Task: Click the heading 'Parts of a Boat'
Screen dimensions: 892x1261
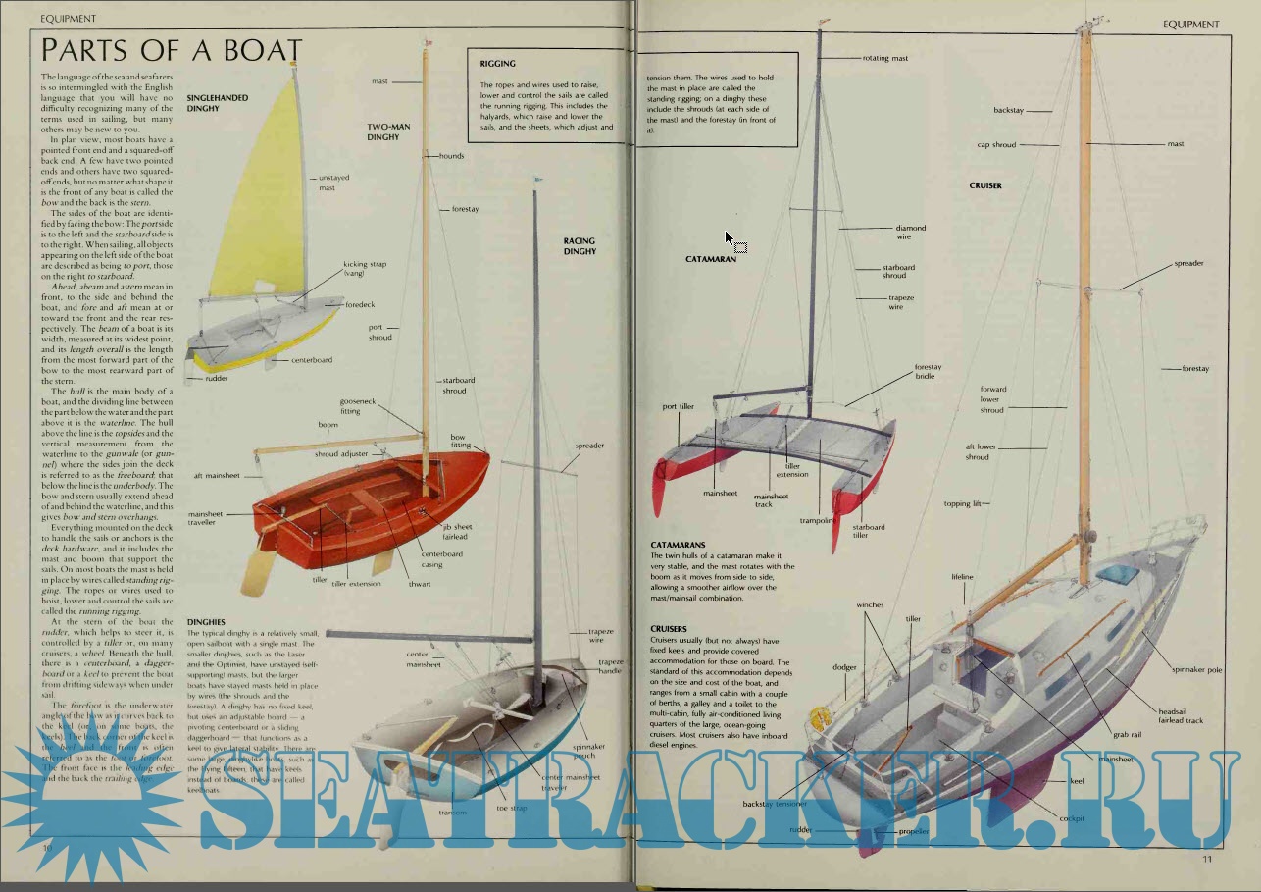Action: coord(172,50)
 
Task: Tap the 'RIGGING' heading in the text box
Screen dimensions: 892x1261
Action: coord(497,64)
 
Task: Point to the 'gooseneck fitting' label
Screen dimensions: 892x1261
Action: coord(350,406)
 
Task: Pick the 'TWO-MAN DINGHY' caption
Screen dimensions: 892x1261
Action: coord(383,132)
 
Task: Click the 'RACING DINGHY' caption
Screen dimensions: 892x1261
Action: coord(579,246)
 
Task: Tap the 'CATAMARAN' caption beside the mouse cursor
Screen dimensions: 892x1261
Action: coord(710,259)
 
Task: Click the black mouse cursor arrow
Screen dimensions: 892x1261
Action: coord(729,238)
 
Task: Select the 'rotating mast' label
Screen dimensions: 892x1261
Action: coord(884,58)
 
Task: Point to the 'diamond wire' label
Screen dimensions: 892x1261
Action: coord(910,233)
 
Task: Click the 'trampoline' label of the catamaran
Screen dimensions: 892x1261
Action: coord(816,521)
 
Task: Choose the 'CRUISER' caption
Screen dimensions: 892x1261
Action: coord(985,185)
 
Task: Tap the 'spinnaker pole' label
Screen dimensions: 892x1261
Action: coord(1197,670)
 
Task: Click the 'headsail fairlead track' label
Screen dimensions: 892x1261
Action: coord(1181,716)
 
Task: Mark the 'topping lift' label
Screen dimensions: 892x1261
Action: coord(963,504)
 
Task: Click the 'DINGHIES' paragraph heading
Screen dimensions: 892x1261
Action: coord(206,621)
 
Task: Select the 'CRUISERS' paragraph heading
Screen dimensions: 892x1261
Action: coord(669,628)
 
